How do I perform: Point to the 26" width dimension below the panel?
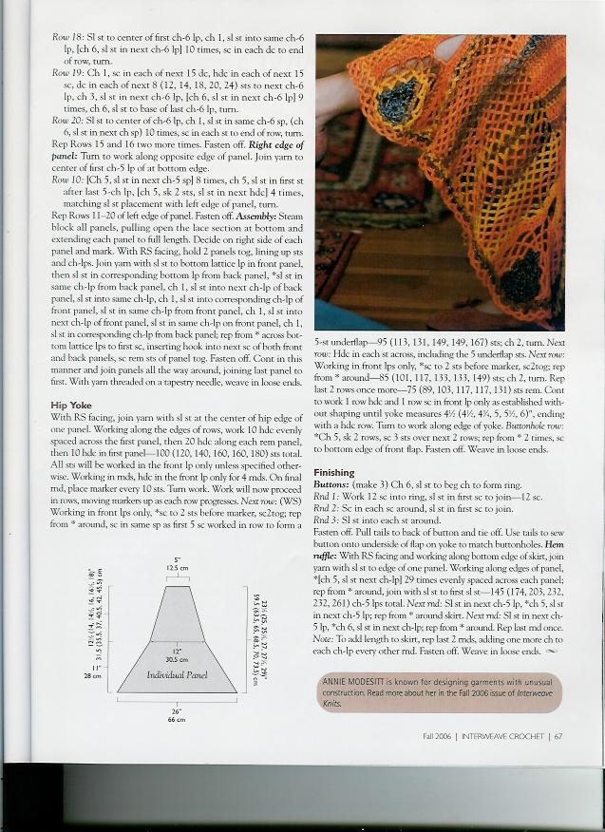point(176,714)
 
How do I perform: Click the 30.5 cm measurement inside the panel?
point(177,657)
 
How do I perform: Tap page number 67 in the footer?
point(559,734)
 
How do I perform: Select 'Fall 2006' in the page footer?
point(439,734)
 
